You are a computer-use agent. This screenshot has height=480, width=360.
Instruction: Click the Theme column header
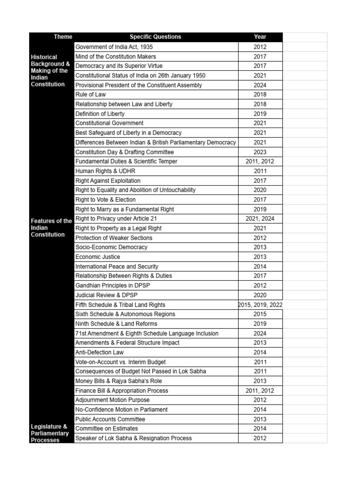click(x=63, y=37)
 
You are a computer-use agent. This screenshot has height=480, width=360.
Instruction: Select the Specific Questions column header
click(x=155, y=37)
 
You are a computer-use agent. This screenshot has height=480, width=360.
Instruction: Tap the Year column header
click(x=260, y=37)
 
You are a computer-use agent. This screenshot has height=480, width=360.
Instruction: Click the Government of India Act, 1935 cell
click(x=114, y=47)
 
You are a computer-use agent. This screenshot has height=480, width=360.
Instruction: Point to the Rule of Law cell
click(x=91, y=94)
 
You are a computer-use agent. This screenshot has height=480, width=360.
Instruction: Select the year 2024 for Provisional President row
click(x=260, y=85)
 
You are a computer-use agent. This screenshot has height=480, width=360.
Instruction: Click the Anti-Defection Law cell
click(x=99, y=352)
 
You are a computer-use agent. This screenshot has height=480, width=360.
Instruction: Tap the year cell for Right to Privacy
click(x=260, y=218)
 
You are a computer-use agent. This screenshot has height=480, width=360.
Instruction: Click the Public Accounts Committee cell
click(x=110, y=419)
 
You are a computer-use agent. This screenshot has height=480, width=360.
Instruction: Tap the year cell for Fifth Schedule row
click(x=260, y=305)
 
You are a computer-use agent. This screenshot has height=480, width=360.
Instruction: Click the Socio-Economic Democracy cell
click(x=112, y=247)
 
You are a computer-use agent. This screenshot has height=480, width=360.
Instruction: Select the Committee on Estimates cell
click(x=106, y=428)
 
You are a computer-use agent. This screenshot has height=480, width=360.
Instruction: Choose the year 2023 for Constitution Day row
click(x=260, y=152)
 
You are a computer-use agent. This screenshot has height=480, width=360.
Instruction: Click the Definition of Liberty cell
click(x=100, y=113)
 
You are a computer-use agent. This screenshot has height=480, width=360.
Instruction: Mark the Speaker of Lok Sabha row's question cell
click(x=134, y=438)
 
